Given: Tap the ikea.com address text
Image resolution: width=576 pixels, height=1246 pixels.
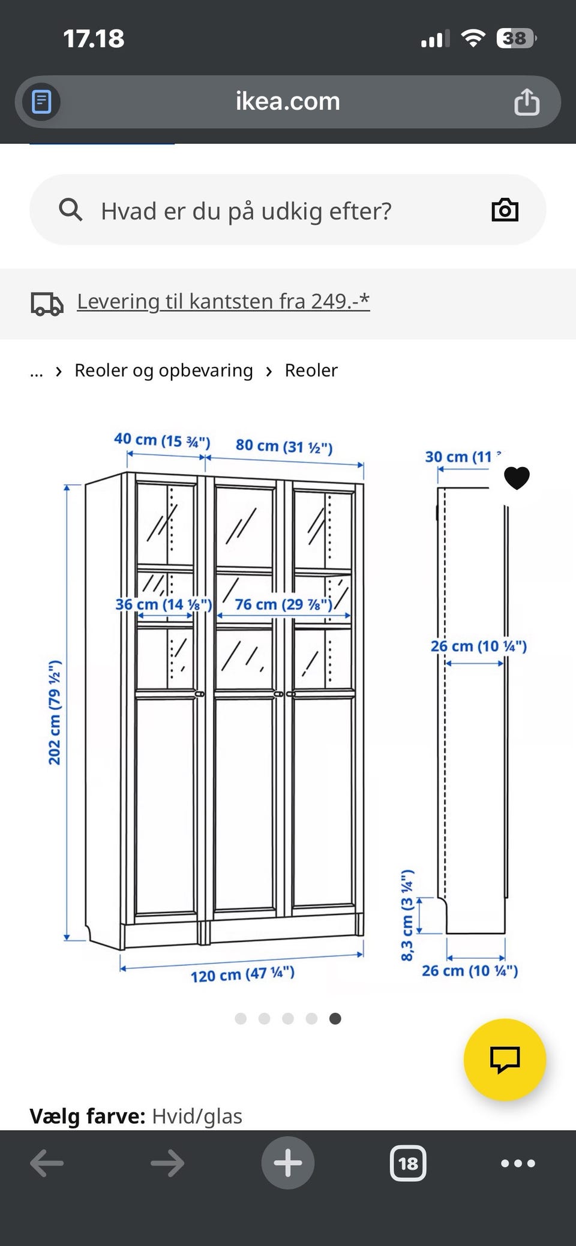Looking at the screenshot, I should pos(287,101).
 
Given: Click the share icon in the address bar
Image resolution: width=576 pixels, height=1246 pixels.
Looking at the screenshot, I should pos(526,101).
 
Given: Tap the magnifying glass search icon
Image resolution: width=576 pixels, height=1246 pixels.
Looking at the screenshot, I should pos(70,210).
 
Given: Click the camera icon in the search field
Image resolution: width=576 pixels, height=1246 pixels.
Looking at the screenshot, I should pos(505,210).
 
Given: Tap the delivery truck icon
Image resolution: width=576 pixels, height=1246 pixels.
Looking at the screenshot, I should pos(47,303).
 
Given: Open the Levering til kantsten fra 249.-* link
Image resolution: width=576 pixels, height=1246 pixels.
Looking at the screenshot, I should pos(223,301).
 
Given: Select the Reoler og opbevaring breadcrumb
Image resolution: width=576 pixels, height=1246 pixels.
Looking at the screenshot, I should pos(163,371).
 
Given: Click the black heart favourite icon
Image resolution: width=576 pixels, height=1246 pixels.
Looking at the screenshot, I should pos(516,478).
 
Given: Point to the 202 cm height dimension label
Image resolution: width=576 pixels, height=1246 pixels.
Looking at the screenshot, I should pos(55,712).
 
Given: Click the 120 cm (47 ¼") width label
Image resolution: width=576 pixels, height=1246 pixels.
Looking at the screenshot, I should pos(242,974).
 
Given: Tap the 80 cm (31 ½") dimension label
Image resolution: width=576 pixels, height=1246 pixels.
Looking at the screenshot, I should pos(284,446).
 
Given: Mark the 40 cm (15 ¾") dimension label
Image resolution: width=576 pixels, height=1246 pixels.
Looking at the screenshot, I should pos(162,441).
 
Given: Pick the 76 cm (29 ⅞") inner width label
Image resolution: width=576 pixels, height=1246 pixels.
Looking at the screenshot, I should pos(283,604).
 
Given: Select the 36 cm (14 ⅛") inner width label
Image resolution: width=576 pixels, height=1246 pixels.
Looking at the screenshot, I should pos(163,604).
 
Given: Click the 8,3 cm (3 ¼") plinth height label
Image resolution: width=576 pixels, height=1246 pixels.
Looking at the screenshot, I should pos(407,914).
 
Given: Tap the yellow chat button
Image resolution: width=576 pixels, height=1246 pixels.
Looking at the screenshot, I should pos(505,1060).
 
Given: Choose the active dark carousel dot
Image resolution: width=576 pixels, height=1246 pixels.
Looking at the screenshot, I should pos(335,1018).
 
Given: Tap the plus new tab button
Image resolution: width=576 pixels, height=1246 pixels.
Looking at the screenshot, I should pos(287,1163).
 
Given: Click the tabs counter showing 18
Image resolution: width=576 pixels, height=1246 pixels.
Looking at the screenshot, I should pos(408,1163).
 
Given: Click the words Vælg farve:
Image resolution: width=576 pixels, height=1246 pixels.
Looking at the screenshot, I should pos(87,1116).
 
